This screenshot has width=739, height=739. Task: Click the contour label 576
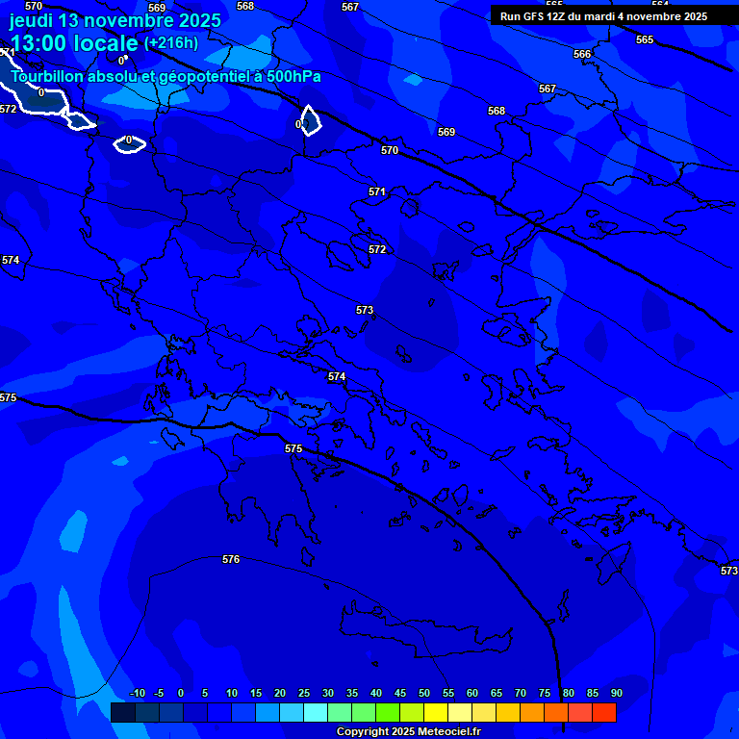point(231,559)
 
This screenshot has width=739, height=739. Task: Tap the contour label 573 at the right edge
point(729,571)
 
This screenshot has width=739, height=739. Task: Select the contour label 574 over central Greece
point(337,376)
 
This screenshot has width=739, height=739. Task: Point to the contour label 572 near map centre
point(377,249)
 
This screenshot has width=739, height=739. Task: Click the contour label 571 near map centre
point(377,191)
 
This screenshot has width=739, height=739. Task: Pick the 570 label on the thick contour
point(390,150)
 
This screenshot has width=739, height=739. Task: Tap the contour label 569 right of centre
point(446,132)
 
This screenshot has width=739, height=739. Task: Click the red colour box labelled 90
point(604,713)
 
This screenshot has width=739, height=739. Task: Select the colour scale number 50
point(424,693)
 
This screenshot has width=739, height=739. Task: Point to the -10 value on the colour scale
point(137,693)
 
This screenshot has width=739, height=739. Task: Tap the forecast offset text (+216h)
point(171,43)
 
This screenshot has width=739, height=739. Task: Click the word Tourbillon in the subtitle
point(48,76)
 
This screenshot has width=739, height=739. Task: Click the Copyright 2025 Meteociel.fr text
point(408,732)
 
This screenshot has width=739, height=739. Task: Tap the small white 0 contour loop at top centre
point(308,121)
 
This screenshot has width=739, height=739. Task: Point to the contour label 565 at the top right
point(645,39)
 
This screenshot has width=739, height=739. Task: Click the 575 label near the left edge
point(9,397)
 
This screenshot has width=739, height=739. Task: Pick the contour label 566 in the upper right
point(582,54)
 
